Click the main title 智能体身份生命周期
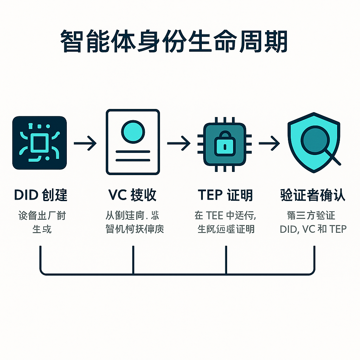[x=174, y=41]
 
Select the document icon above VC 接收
[x=133, y=142]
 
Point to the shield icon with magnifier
[x=314, y=142]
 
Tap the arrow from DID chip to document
[x=85, y=143]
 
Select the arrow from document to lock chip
[x=179, y=143]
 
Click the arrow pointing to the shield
[x=269, y=143]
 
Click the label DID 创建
[x=41, y=195]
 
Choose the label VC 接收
[x=132, y=195]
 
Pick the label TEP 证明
[x=225, y=195]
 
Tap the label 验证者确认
[x=313, y=195]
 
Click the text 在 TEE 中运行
[x=225, y=215]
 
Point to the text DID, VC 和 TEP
[x=313, y=229]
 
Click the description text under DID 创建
[x=41, y=222]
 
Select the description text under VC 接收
[x=134, y=222]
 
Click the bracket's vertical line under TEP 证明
[x=226, y=259]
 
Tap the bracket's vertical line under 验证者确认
[x=314, y=259]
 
